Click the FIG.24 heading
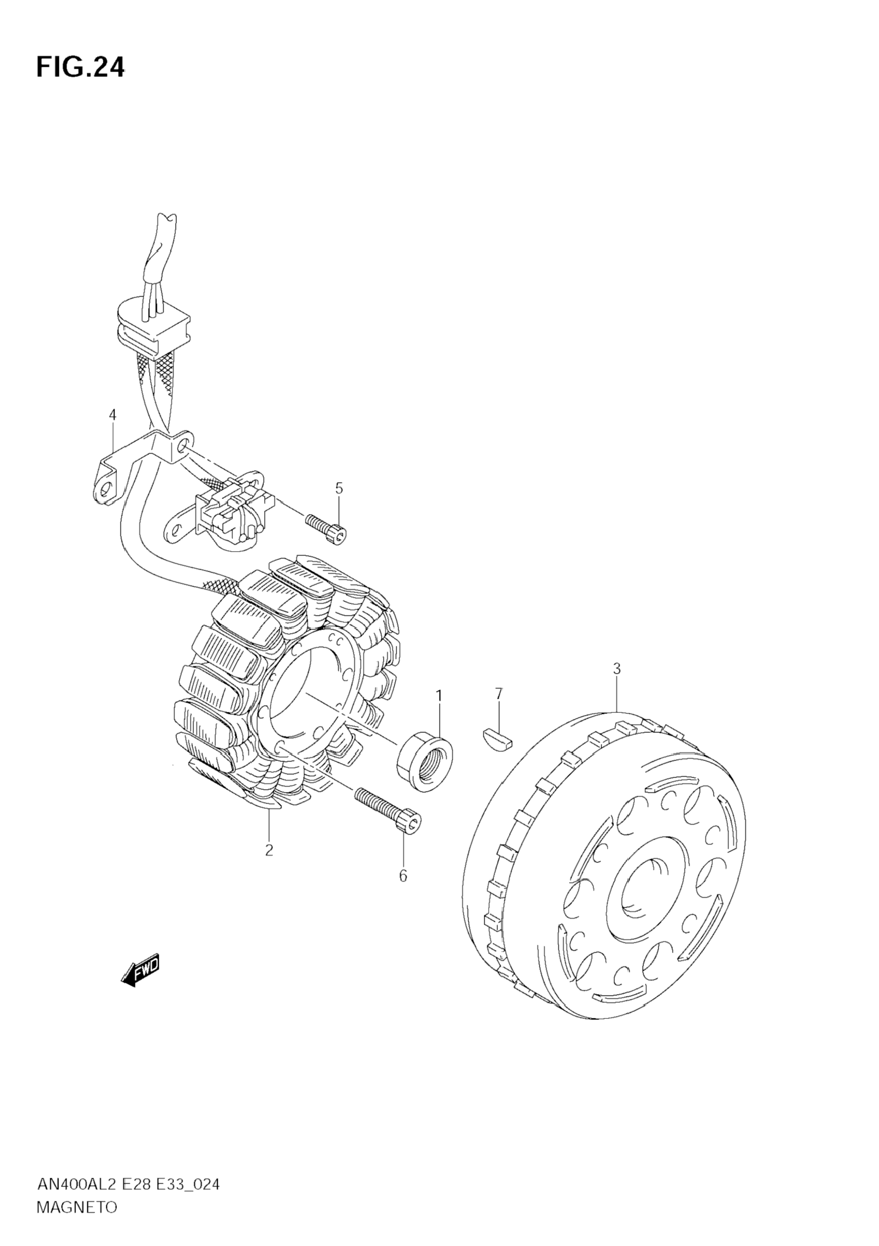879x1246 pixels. tap(80, 67)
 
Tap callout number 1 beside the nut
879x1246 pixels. tap(439, 695)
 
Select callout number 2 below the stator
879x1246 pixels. tap(269, 850)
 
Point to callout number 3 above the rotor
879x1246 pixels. tap(617, 669)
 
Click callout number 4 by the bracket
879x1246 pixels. tap(113, 415)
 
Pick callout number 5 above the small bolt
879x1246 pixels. tap(339, 488)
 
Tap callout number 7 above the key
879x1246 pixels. tap(498, 693)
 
